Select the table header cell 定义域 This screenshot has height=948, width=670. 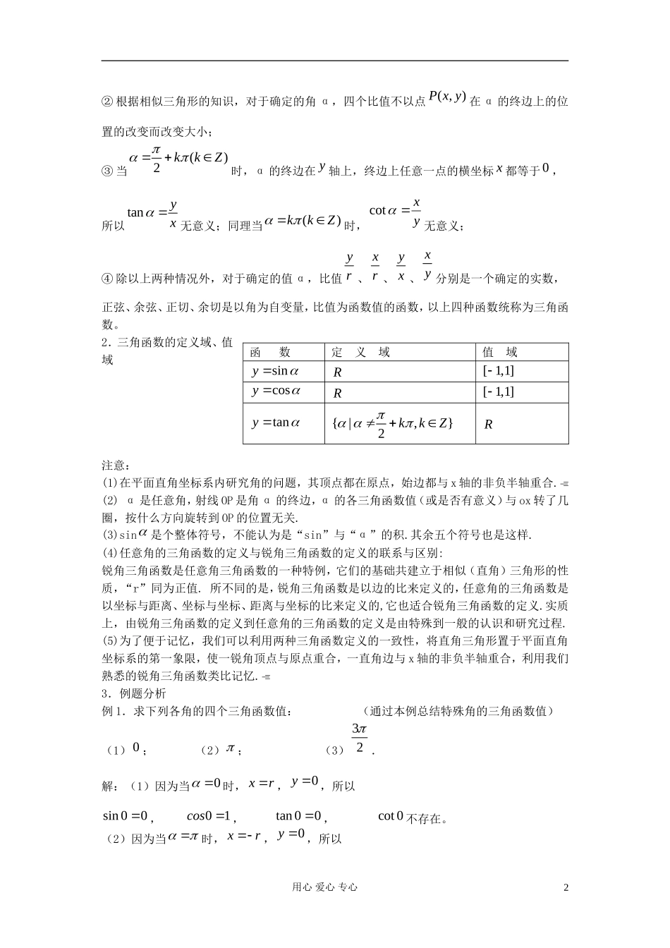tap(360, 352)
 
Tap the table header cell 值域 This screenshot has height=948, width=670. tap(500, 352)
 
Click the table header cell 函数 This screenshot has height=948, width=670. tap(270, 352)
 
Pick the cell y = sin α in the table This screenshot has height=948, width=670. tap(276, 371)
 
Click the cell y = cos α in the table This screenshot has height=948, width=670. tap(276, 391)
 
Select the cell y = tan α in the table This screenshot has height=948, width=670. tap(276, 423)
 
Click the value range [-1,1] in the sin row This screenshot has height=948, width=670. tap(498, 371)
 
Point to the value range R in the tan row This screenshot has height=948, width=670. tap(488, 424)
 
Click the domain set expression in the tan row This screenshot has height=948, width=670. tap(391, 423)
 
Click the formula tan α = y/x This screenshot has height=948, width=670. tap(152, 212)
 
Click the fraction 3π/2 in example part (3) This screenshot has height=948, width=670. tap(359, 739)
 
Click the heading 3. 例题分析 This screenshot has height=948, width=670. tap(134, 693)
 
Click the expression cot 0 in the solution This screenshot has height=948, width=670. tap(391, 816)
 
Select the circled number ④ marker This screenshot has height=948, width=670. tap(108, 279)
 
